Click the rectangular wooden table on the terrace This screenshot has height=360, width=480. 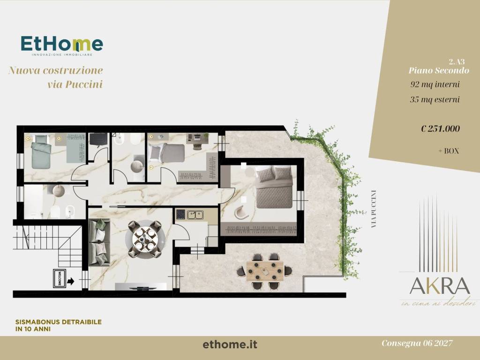pyautogui.click(x=265, y=270)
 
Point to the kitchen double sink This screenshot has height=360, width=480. pyautogui.click(x=195, y=215)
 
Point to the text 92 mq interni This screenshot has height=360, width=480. pyautogui.click(x=435, y=85)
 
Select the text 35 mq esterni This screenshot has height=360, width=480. pyautogui.click(x=435, y=99)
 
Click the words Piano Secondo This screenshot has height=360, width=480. pyautogui.click(x=438, y=70)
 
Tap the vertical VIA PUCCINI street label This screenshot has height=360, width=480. pyautogui.click(x=374, y=209)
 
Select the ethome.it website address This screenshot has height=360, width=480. pyautogui.click(x=230, y=345)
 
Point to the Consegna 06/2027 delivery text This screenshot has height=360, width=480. pyautogui.click(x=417, y=344)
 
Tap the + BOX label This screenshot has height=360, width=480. pyautogui.click(x=448, y=151)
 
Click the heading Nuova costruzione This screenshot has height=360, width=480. pyautogui.click(x=56, y=71)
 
